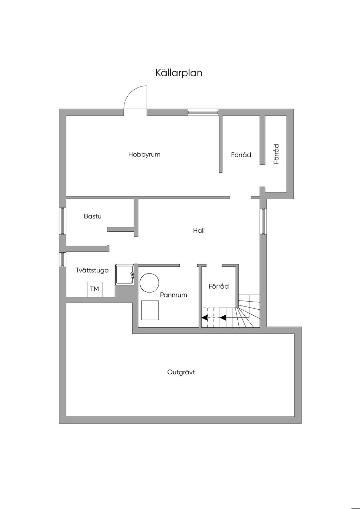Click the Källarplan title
click(179, 73)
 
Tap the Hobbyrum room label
click(144, 154)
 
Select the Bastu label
click(92, 216)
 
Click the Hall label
click(199, 231)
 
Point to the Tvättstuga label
click(92, 270)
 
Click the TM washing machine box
click(95, 289)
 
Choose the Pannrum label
click(173, 295)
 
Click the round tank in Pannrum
click(149, 283)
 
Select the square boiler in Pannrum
click(150, 310)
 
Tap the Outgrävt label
click(181, 372)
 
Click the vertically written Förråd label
click(276, 154)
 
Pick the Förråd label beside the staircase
click(219, 286)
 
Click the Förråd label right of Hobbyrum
click(241, 155)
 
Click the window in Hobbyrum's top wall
click(203, 112)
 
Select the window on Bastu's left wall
click(62, 221)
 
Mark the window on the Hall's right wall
click(263, 221)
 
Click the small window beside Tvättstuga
click(62, 259)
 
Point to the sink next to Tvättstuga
click(124, 275)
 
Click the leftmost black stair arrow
click(204, 318)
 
